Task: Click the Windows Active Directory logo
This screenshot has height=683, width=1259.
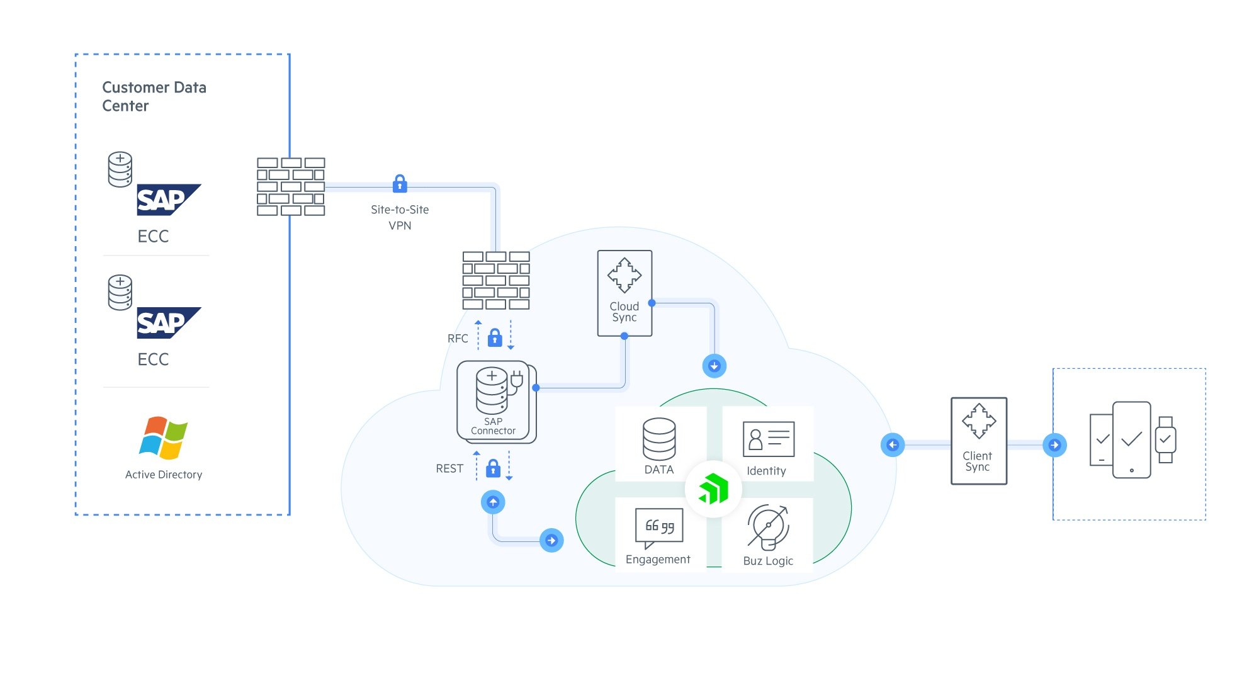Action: coord(163,437)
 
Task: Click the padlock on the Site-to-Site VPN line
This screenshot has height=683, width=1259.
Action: coord(400,184)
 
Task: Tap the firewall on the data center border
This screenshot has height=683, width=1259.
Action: coord(291,187)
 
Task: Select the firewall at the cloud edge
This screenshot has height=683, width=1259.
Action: coord(496,281)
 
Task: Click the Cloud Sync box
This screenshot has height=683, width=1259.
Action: coord(624,293)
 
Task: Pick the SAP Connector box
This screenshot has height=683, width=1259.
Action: coord(495,402)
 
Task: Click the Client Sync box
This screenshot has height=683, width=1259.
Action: coord(978,441)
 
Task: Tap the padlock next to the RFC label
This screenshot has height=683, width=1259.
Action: coord(495,338)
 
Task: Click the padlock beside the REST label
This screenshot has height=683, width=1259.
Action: coord(494,468)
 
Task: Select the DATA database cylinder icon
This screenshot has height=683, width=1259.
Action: coord(659,439)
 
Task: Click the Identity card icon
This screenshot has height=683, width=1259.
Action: coord(768,439)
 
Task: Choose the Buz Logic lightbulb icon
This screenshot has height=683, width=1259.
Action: coord(768,526)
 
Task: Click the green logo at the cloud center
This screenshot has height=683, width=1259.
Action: coord(713,489)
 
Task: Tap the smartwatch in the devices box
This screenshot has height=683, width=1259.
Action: coord(1165,440)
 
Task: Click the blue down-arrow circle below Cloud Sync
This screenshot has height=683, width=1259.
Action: coord(714,366)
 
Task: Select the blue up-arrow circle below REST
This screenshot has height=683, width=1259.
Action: coord(493,502)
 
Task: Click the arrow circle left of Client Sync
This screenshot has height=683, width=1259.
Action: coord(893,445)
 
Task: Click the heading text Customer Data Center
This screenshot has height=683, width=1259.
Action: coord(154,96)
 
